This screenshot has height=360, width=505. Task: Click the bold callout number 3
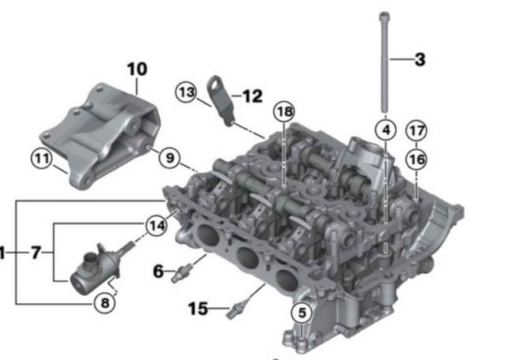(x=420, y=59)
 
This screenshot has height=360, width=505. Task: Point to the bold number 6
(x=159, y=272)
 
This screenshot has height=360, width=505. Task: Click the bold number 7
(x=36, y=253)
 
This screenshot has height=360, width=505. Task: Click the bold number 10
(x=137, y=69)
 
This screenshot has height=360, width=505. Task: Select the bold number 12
(x=252, y=96)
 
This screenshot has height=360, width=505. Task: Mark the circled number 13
(x=185, y=92)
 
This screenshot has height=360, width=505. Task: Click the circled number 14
(x=157, y=227)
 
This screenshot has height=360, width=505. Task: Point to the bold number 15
(x=197, y=309)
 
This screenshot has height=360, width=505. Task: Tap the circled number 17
(x=416, y=129)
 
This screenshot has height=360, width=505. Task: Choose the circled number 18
(x=283, y=112)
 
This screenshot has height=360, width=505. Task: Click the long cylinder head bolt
(x=383, y=63)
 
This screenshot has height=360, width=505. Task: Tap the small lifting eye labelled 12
(x=219, y=99)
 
